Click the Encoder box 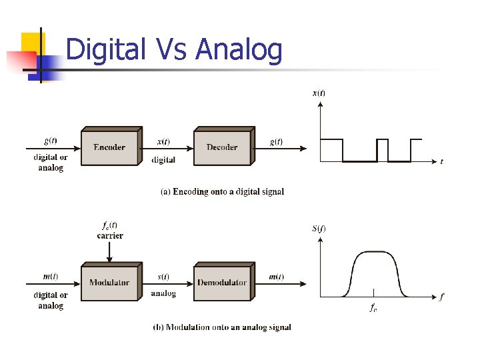tap(109, 147)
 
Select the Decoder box tap(222, 147)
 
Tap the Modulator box tap(109, 283)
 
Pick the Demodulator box tap(222, 283)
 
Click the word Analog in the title tap(240, 49)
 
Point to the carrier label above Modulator tap(110, 235)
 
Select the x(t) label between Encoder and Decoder tap(163, 141)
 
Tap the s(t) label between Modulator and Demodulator tap(163, 277)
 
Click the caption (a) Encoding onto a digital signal tap(223, 192)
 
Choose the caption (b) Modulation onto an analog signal tap(222, 327)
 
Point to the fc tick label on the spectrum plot tap(374, 307)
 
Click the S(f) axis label tap(319, 229)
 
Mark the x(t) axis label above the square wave tap(319, 93)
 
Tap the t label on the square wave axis tap(441, 161)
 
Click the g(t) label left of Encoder tap(50, 141)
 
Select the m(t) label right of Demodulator tap(275, 277)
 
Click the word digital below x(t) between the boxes tap(164, 160)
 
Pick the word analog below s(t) tap(164, 293)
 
